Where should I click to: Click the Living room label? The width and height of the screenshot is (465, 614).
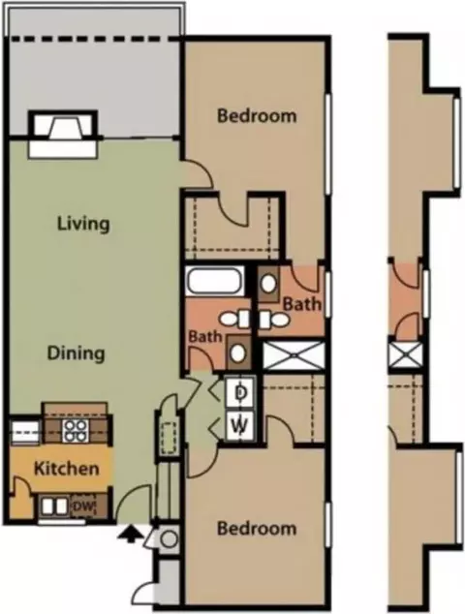click(83, 224)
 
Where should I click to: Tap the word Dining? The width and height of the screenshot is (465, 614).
click(76, 353)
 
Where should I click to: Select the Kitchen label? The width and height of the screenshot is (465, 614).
click(66, 469)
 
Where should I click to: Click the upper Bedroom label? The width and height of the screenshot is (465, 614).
click(257, 116)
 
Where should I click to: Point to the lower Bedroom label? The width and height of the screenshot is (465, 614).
click(257, 528)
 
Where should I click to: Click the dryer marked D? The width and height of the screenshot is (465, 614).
click(241, 393)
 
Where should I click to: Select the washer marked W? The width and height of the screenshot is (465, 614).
click(241, 424)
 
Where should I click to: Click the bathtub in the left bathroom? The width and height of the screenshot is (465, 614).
click(214, 281)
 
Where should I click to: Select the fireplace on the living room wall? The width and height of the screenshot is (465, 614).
click(62, 135)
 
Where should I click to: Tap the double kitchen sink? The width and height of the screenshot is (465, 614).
click(54, 507)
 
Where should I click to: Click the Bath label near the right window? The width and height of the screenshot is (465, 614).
click(301, 304)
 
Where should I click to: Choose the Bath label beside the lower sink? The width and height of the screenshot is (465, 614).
click(205, 336)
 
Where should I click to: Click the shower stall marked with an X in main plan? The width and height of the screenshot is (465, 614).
click(294, 355)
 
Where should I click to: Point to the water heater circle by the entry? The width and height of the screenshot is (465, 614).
click(170, 538)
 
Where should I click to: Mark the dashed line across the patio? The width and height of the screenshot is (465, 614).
click(95, 39)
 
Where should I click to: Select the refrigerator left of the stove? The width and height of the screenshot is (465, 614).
click(24, 433)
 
